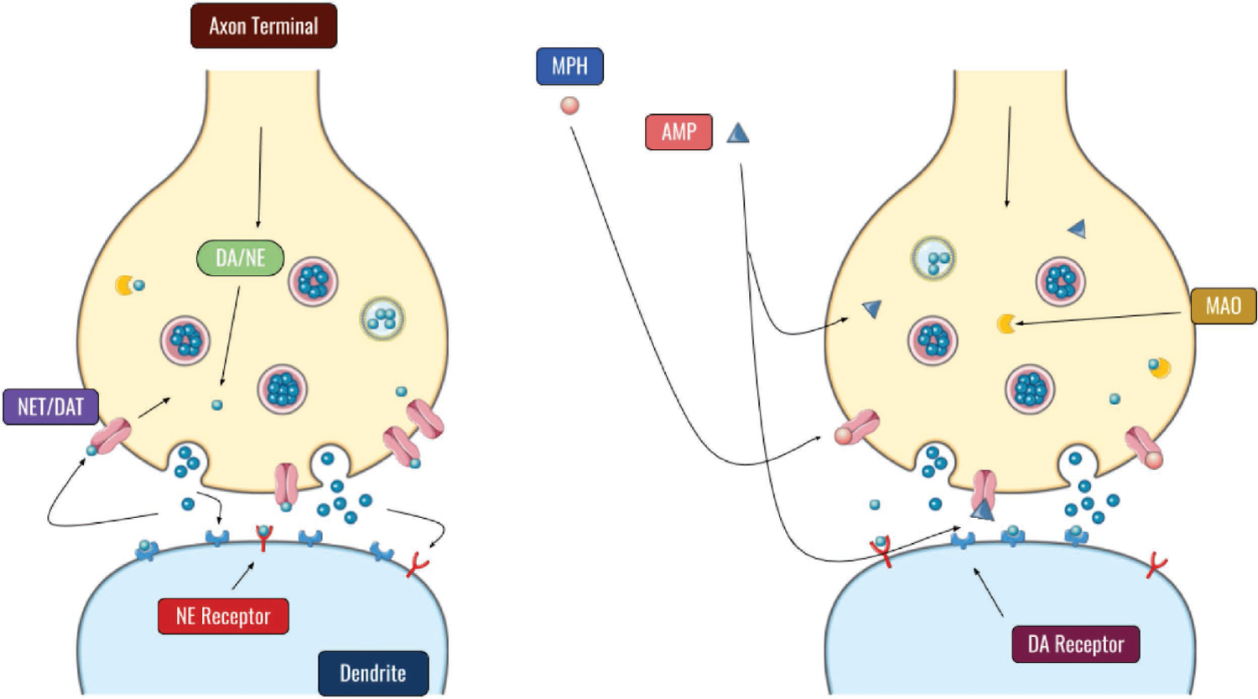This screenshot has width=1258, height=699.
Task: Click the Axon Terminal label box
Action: pos(263,26)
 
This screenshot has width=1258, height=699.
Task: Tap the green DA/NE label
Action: pos(241,257)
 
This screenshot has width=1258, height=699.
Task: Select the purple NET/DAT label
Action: pos(51,407)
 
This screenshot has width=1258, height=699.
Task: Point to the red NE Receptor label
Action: pos(223,616)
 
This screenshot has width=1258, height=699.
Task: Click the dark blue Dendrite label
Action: pos(373,673)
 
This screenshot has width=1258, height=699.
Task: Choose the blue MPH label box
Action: pos(569,66)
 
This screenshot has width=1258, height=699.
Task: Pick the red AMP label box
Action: pos(678,132)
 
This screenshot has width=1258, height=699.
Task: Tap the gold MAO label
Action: pos(1224,306)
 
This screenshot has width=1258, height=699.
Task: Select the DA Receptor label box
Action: pos(1076,645)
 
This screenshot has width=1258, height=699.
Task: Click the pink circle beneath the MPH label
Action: pos(569,106)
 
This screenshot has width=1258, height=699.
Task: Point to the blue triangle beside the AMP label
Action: pos(737,133)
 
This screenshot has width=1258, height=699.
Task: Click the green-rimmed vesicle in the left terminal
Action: pos(382,318)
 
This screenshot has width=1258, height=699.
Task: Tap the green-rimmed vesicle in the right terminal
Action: pos(933,259)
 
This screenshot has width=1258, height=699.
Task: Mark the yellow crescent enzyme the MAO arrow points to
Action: pos(1006,324)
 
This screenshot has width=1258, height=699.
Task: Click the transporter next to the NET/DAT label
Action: pos(112,436)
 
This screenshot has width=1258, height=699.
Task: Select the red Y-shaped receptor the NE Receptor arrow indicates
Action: pos(263,537)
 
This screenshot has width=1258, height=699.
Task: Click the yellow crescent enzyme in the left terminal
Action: pos(124,286)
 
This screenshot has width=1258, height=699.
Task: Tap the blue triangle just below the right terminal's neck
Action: pos(1078,228)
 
